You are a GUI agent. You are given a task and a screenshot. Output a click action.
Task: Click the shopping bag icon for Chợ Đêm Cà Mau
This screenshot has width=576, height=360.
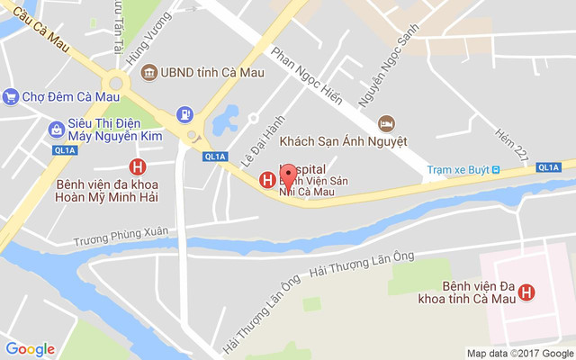(x=10, y=96)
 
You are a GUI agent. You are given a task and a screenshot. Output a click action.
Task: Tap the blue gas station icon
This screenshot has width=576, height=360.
(x=184, y=114)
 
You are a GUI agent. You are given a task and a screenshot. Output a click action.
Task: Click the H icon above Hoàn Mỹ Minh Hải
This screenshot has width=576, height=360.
(x=138, y=166)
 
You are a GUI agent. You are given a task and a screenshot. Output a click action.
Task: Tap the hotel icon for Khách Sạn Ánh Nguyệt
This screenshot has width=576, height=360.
(x=386, y=122)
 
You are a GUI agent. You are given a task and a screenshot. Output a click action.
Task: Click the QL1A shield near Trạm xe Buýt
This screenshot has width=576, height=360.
(x=548, y=166)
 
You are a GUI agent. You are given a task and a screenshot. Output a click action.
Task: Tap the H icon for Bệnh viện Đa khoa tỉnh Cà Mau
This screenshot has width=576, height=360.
(x=527, y=292)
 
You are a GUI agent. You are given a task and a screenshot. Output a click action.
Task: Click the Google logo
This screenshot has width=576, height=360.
(x=30, y=349)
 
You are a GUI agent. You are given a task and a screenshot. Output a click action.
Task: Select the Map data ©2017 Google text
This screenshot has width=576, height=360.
(x=518, y=353)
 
